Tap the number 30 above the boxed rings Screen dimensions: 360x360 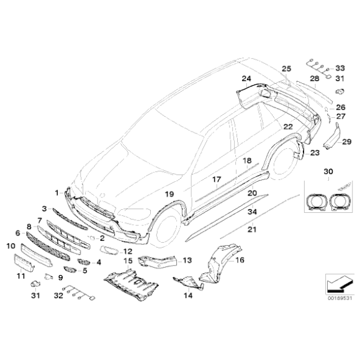pos(328,171)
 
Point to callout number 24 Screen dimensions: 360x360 pos(246,79)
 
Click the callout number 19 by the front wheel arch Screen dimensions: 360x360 pos(169,194)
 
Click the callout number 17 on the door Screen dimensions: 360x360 pos(217,181)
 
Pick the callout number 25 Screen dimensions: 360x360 pos(286,68)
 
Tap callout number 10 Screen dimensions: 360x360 pos(11,246)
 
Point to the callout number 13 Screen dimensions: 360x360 pos(187,260)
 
